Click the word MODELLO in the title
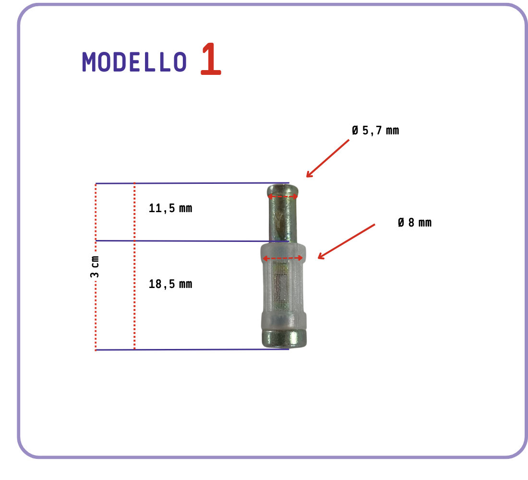click(134, 62)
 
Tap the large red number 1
click(211, 59)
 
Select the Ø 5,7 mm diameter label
click(375, 131)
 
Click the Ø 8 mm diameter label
click(415, 223)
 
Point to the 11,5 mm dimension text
click(170, 208)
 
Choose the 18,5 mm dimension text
click(170, 284)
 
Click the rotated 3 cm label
click(95, 267)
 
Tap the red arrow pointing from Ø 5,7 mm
click(328, 158)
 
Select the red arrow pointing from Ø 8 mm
click(347, 241)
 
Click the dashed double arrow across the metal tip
click(283, 196)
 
